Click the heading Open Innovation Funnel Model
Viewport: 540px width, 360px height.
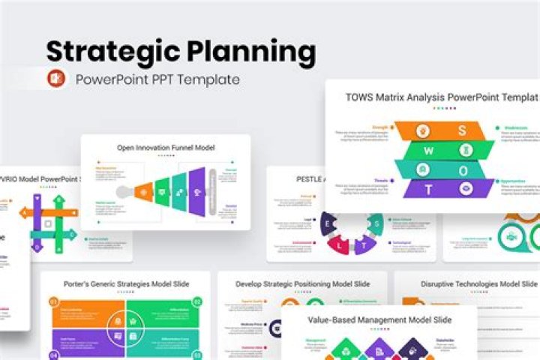(166, 148)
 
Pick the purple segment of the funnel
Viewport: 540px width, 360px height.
(196, 187)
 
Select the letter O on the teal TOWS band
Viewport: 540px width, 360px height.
(464, 169)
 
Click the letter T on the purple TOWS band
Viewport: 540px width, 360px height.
(428, 190)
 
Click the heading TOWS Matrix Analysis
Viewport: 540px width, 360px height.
(441, 97)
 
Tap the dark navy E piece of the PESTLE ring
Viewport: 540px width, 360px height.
(327, 223)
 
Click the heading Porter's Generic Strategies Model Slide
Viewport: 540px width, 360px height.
(125, 284)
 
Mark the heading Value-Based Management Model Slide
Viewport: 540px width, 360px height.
(379, 319)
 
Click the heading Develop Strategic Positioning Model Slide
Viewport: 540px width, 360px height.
(302, 284)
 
